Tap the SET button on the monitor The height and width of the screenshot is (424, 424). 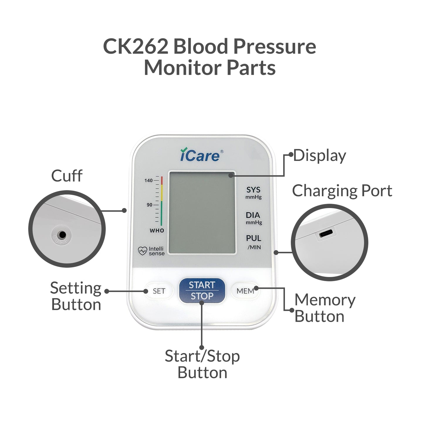point(159,291)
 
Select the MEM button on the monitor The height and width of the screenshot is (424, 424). point(245,291)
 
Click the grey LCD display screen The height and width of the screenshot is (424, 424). point(202,213)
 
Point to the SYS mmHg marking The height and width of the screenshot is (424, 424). point(254,193)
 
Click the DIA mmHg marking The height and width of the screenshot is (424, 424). point(254,218)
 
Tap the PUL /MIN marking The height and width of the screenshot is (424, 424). point(254,242)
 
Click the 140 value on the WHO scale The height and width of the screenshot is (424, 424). point(148,180)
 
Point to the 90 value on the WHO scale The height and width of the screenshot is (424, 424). point(150,205)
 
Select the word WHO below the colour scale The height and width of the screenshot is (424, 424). point(157,231)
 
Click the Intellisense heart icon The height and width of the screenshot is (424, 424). point(143,251)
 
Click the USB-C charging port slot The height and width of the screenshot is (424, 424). point(326,234)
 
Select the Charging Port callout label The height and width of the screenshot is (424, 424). point(342,191)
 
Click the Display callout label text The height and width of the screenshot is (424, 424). point(320,156)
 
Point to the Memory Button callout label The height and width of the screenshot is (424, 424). point(325,308)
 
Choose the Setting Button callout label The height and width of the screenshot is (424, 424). point(76,296)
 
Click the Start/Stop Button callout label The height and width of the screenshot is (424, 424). point(202,364)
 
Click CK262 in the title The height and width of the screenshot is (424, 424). point(136,47)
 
